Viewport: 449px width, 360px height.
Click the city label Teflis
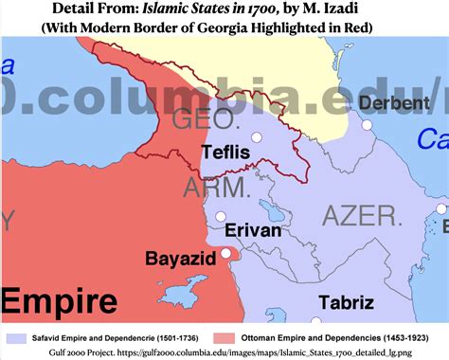(x=231, y=152)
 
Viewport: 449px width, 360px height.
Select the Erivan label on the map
(x=253, y=230)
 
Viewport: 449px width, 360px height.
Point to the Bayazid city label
(x=177, y=258)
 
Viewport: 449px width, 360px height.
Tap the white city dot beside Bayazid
(x=225, y=253)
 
